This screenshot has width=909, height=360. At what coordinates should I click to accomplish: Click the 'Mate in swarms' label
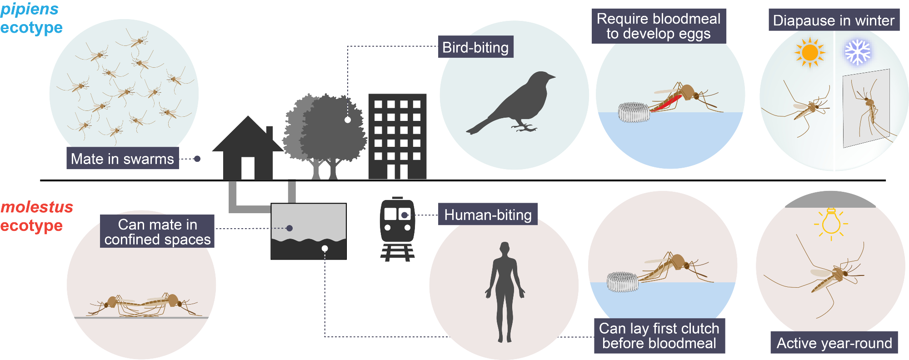tap(123, 158)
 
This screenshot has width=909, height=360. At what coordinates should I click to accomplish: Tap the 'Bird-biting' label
tap(475, 47)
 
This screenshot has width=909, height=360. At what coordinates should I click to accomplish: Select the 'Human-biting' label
tap(488, 214)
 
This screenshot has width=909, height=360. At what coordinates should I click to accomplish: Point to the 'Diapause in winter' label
tap(834, 20)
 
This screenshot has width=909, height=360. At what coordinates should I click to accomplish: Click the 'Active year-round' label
tap(834, 343)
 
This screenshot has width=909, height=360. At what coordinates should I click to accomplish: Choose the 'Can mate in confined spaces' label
tap(157, 231)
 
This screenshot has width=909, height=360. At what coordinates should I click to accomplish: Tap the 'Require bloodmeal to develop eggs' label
tap(659, 26)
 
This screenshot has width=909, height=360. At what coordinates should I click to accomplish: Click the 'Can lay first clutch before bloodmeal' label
tap(659, 335)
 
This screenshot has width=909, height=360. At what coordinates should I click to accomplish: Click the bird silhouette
tap(511, 103)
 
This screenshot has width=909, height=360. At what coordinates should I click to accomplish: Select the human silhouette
tap(505, 292)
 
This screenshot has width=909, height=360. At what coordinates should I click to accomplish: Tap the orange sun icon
tap(810, 52)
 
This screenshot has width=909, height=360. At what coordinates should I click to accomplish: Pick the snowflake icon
tap(858, 52)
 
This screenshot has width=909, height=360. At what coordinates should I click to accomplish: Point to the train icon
tap(398, 229)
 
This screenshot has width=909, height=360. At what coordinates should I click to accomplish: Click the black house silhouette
tap(248, 148)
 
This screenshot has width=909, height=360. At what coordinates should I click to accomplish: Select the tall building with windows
tap(398, 136)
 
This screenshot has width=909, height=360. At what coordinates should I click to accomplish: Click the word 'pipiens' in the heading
tap(30, 9)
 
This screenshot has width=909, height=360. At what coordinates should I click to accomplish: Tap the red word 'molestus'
tap(37, 207)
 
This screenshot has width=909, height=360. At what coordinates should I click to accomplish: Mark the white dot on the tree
tap(348, 120)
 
